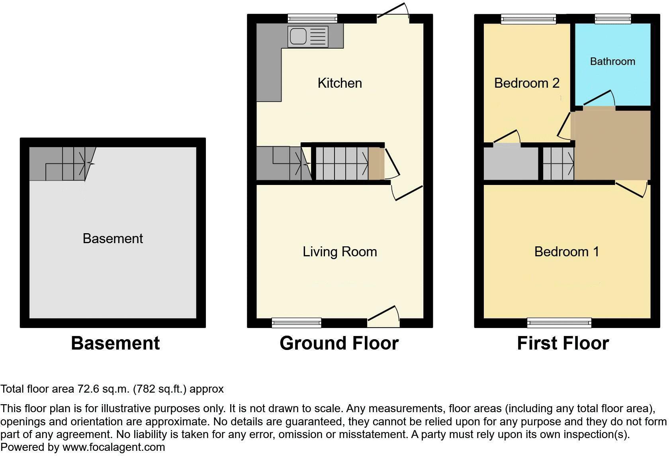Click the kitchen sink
coord(308,37)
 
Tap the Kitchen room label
coord(340,83)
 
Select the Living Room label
coord(340,252)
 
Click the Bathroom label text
coord(612,61)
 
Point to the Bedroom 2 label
coord(526,83)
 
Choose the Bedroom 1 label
coord(566,252)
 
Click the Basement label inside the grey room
coord(113,238)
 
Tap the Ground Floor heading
coord(339,343)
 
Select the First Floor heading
coord(563,343)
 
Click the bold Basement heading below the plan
coord(115,343)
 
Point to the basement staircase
coord(62,163)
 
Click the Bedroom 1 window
coord(559,322)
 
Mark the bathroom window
coord(613,18)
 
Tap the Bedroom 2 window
coord(528,18)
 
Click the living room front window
coord(296,322)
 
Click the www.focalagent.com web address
coord(113,447)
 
